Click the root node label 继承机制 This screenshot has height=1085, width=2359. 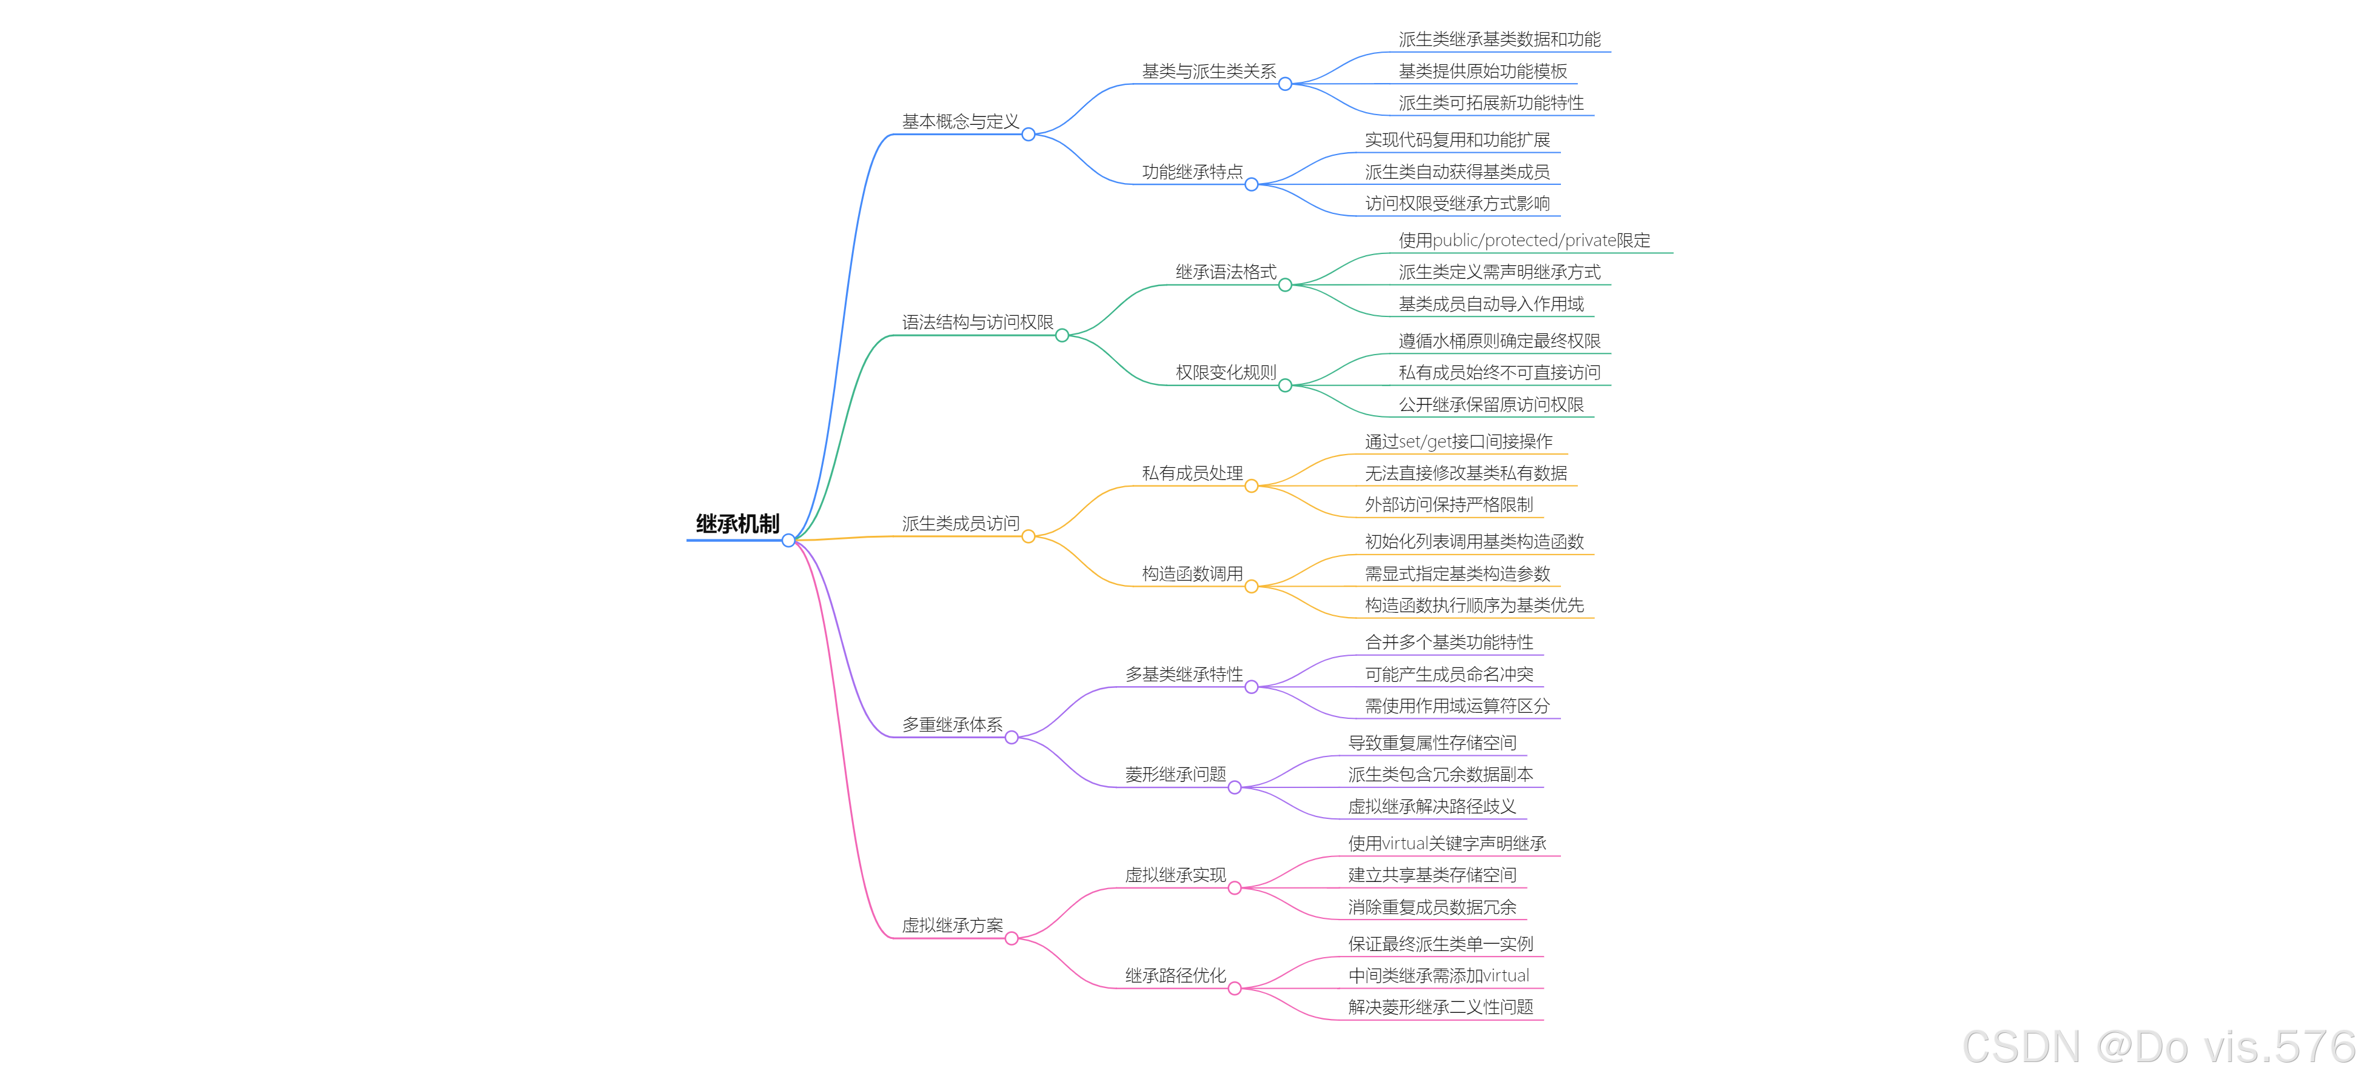(737, 524)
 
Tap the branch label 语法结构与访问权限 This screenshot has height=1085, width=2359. (977, 322)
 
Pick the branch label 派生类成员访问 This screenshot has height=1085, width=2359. (960, 524)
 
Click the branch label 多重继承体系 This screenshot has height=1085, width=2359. (951, 724)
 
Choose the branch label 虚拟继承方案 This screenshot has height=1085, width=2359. (951, 926)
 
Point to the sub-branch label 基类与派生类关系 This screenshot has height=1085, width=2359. (1208, 72)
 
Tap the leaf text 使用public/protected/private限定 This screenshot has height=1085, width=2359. (1524, 241)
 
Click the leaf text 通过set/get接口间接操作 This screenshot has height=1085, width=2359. (1458, 441)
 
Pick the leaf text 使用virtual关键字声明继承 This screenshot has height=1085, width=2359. (1446, 843)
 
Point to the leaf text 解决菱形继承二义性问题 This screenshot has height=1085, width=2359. (1440, 1007)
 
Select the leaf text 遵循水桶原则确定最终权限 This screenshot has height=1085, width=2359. (1499, 341)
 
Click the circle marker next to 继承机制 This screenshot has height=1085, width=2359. (788, 540)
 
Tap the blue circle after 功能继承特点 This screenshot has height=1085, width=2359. (1251, 184)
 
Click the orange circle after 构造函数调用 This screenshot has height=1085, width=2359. (1251, 586)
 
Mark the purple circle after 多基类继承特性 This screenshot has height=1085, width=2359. (1251, 687)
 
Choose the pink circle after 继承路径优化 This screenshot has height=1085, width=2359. (1235, 988)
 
